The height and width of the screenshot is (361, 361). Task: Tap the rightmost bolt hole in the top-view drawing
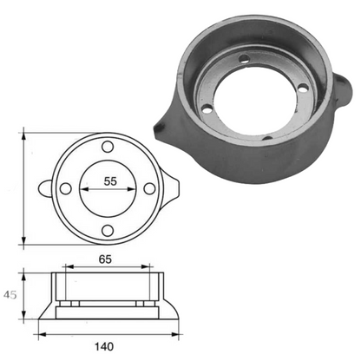(x=149, y=187)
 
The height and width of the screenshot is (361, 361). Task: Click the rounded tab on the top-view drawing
(x=46, y=187)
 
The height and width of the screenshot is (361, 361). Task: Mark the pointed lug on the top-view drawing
(x=172, y=187)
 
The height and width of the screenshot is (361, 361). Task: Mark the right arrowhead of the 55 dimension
(x=134, y=187)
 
